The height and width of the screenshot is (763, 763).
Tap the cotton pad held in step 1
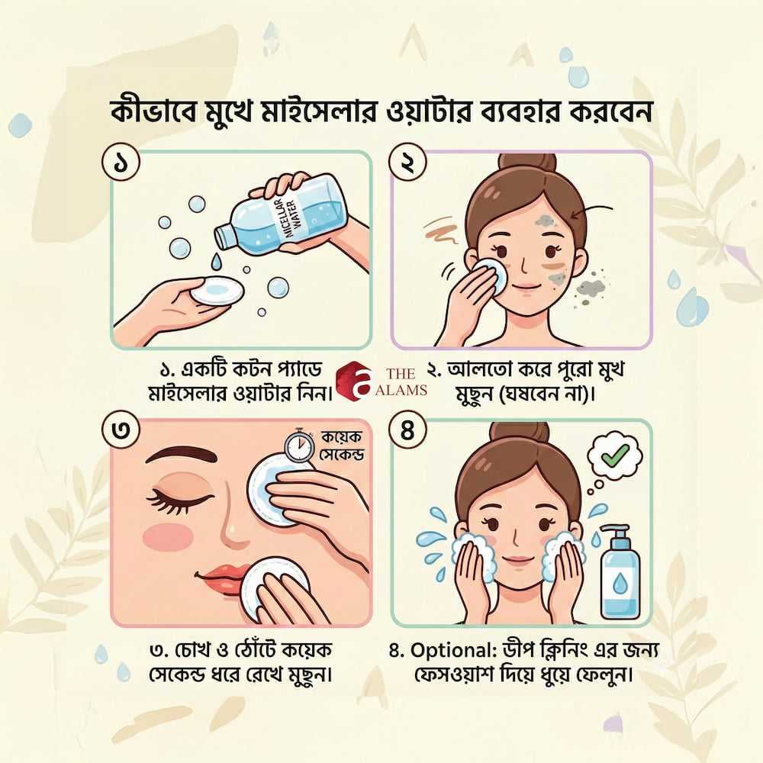coord(217,291)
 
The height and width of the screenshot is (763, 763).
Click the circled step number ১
coord(121,163)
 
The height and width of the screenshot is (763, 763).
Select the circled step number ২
coord(407,163)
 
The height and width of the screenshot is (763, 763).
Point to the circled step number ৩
coord(121,430)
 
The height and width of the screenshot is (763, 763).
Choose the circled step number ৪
coord(407,430)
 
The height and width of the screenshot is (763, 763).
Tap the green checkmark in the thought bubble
coord(615,456)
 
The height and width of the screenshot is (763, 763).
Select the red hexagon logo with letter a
coord(354,381)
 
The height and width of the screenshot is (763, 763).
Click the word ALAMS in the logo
coord(401,390)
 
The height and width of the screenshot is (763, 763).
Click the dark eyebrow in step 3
coord(182,455)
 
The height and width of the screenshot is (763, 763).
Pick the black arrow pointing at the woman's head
coord(593,210)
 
